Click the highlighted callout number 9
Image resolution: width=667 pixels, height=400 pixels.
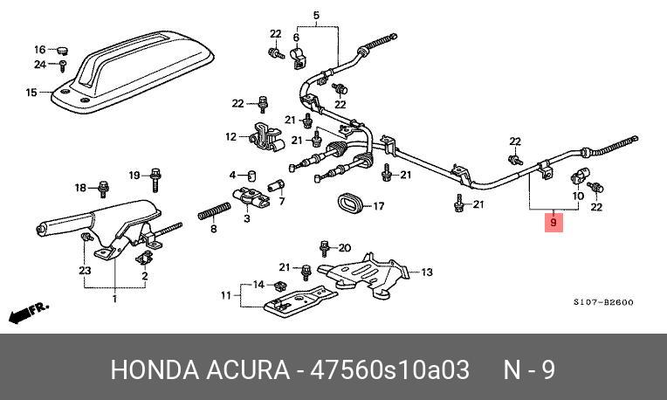553,224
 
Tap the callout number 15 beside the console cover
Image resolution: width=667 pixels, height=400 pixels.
31,93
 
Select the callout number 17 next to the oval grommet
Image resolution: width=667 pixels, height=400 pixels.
378,208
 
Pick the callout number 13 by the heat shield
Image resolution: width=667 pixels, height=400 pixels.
426,272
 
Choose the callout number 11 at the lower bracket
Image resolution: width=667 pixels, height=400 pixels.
226,296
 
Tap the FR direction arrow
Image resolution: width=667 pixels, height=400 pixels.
27,312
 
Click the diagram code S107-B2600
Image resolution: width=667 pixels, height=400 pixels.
603,303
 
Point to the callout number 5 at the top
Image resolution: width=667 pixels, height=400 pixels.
316,14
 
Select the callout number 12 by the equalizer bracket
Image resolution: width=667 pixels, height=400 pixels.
230,136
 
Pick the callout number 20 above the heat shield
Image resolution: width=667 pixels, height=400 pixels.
344,247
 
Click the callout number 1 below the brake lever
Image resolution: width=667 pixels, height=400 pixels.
114,300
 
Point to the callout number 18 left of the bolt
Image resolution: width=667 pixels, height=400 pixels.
80,188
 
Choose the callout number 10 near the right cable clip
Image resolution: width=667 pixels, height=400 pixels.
575,197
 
